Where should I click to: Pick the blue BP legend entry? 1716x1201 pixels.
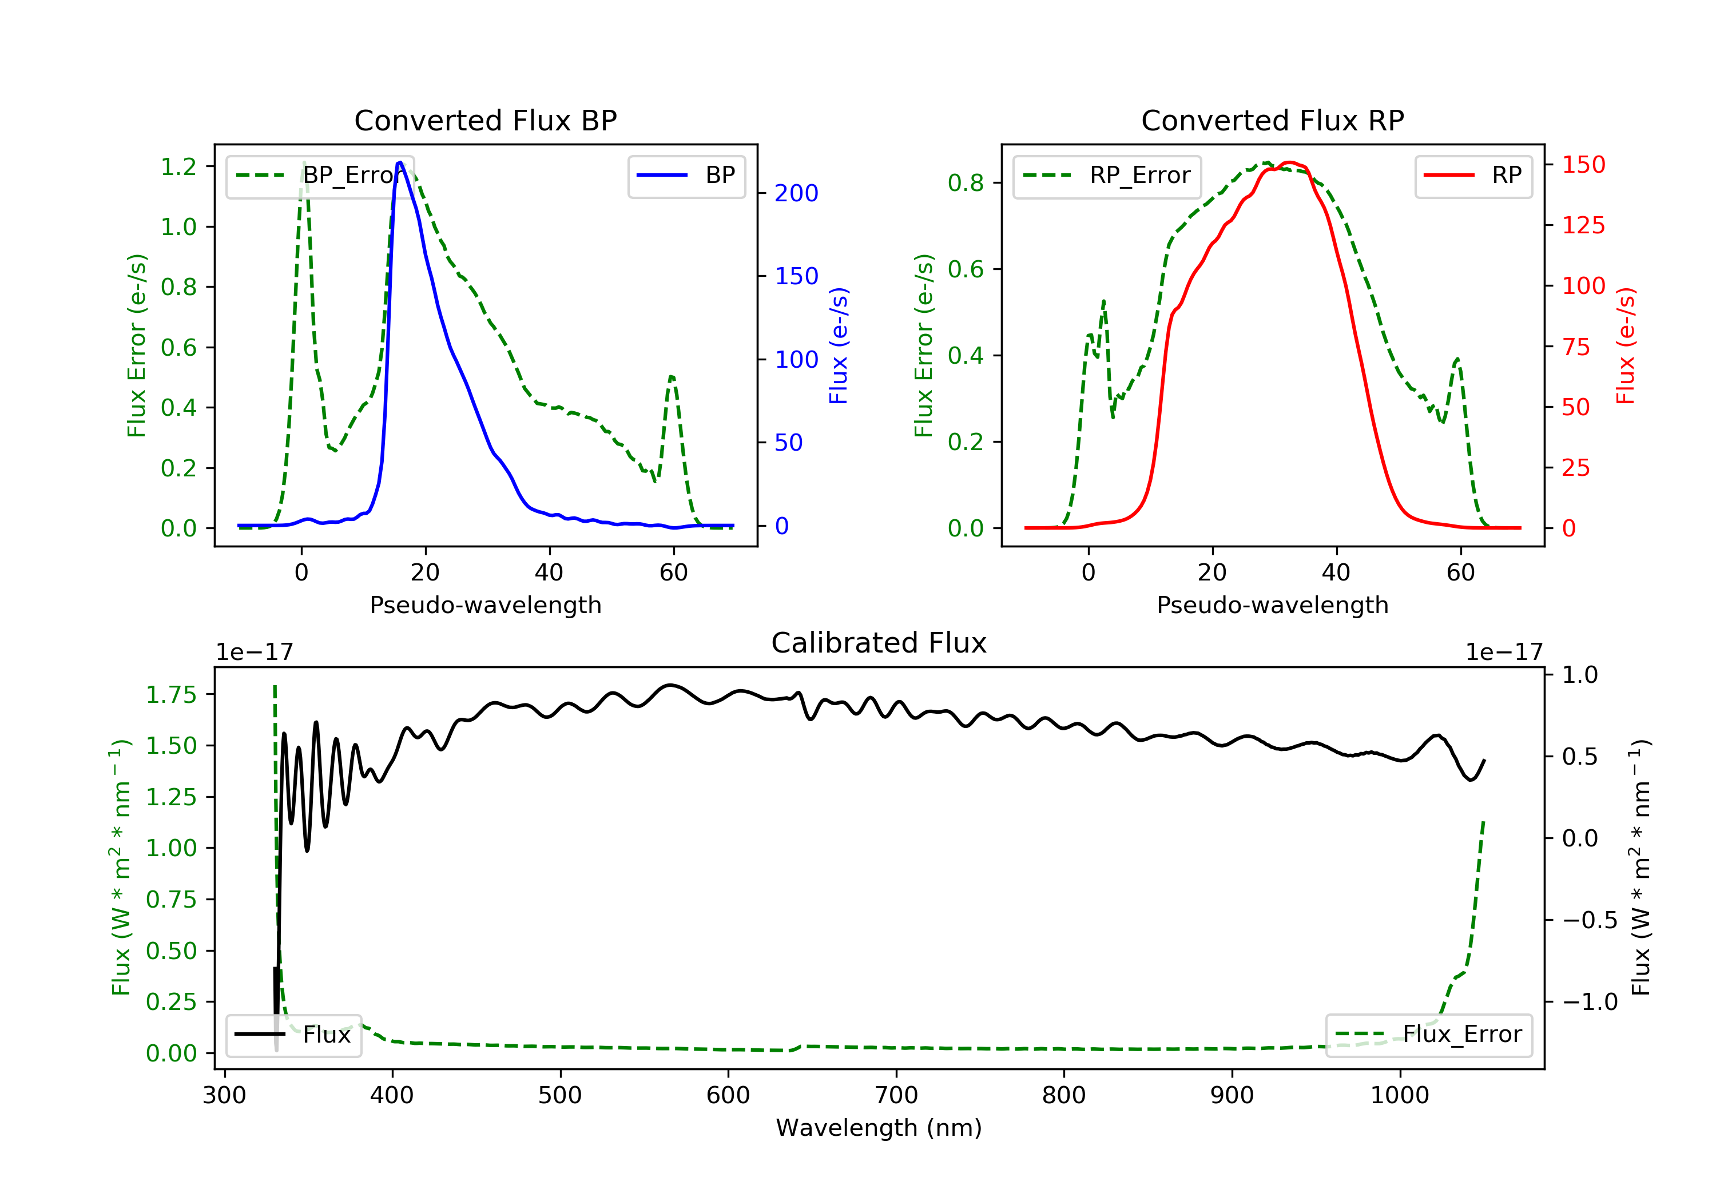coord(686,176)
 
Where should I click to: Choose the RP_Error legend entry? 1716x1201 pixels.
coord(1106,176)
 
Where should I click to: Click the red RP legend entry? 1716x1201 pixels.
coord(1472,176)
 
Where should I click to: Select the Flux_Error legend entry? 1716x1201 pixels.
coord(1428,1035)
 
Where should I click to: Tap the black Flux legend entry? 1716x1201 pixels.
coord(293,1035)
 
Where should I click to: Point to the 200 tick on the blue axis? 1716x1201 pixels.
coord(796,193)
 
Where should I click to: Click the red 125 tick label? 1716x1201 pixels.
coord(1583,225)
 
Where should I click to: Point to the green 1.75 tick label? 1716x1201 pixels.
coord(171,695)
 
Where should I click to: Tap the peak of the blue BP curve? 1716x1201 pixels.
coord(400,162)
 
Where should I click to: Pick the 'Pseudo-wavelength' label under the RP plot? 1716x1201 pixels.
coord(1272,605)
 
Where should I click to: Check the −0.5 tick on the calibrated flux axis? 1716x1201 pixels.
coord(1589,920)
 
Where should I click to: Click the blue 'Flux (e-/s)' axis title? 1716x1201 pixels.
coord(839,346)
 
